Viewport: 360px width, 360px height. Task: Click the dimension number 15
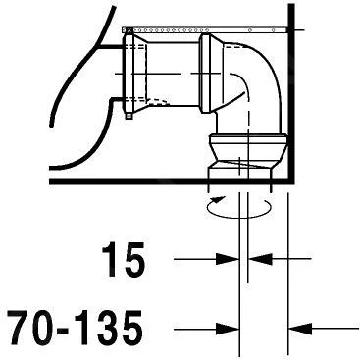124,260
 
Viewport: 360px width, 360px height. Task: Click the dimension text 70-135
75,326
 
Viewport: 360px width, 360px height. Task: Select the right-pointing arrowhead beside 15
228,259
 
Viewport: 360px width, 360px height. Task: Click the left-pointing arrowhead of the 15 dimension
260,259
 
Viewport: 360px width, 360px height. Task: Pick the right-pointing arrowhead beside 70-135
228,329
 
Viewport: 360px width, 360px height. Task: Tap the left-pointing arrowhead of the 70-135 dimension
300,329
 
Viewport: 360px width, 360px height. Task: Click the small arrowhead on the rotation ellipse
218,199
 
